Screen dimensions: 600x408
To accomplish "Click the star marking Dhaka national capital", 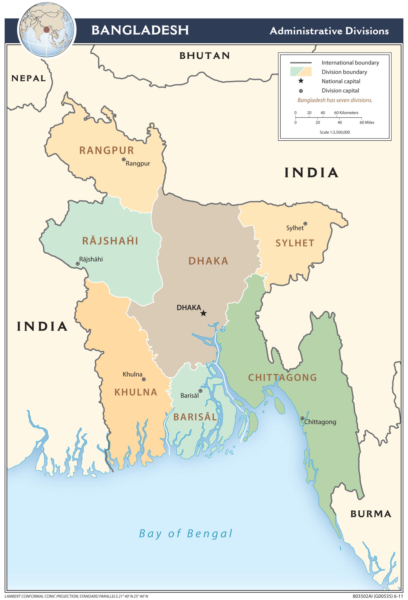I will tap(204, 313).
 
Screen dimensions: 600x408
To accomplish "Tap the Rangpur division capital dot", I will tap(123, 159).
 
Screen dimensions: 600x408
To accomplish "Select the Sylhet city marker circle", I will tap(305, 224).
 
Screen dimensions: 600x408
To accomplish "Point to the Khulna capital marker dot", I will tap(144, 379).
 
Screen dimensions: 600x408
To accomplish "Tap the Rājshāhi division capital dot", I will tap(77, 264).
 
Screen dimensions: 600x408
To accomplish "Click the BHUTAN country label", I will tap(204, 56).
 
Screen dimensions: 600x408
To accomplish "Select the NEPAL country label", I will tap(28, 78).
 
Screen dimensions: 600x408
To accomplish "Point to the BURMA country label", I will tap(370, 514).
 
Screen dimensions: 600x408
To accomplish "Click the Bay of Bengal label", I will tap(185, 533).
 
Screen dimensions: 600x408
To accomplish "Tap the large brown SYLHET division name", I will tap(295, 243).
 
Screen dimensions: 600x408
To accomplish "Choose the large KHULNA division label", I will tap(136, 392).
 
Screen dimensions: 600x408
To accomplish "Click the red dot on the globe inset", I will tap(46, 30).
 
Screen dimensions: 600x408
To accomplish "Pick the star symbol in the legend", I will tap(301, 81).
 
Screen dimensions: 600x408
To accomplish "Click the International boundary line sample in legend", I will tap(301, 63).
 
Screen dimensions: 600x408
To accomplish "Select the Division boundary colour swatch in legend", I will tap(301, 71).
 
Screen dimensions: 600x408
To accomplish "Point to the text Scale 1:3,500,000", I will tap(335, 132).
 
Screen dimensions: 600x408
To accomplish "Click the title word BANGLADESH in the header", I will tap(140, 30).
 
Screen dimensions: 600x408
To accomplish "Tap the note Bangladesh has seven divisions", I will tap(335, 100).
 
